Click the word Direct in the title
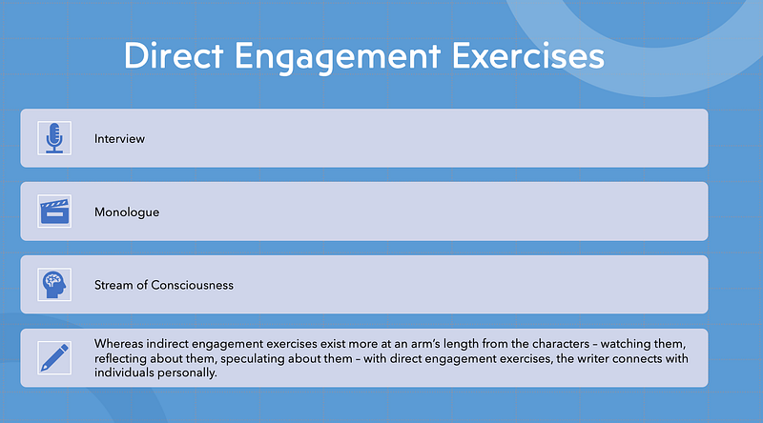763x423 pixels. click(x=174, y=55)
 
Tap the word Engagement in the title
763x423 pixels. click(x=338, y=58)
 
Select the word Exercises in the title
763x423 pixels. click(x=528, y=55)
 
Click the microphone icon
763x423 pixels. click(x=54, y=138)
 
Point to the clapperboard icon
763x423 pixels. click(x=54, y=211)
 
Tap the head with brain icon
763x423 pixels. click(x=54, y=285)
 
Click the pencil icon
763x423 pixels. click(x=54, y=358)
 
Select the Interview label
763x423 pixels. click(x=119, y=138)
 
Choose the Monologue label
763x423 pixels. click(x=127, y=212)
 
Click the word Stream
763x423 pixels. click(x=113, y=285)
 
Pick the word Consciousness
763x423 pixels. click(x=193, y=285)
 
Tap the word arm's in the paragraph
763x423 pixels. click(x=425, y=344)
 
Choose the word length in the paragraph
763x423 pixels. click(x=461, y=344)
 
